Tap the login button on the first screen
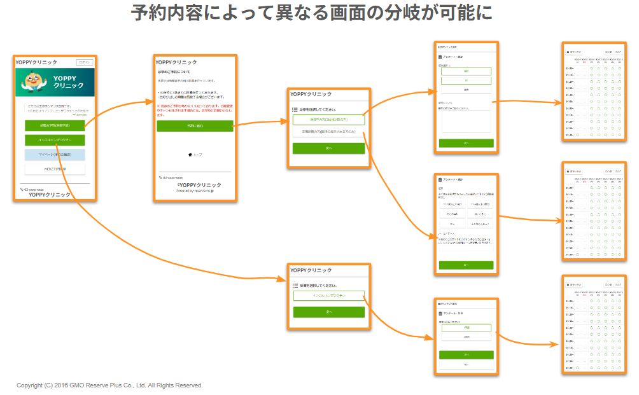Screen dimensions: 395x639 pos(85,62)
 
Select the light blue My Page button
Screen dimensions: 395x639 pos(55,155)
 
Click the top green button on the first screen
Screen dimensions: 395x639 pos(55,125)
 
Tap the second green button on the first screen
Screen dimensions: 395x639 pos(55,140)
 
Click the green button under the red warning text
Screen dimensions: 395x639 pos(195,126)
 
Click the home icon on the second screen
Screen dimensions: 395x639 pos(190,155)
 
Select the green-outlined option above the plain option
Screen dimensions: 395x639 pos(328,120)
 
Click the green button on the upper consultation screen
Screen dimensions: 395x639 pos(328,148)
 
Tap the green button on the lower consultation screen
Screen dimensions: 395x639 pos(328,312)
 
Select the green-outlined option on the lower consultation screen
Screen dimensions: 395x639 pos(328,296)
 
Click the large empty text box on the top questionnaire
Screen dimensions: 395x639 pos(466,121)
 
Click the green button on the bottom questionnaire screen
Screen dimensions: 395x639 pos(466,354)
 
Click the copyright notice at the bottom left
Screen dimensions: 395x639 pos(109,385)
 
